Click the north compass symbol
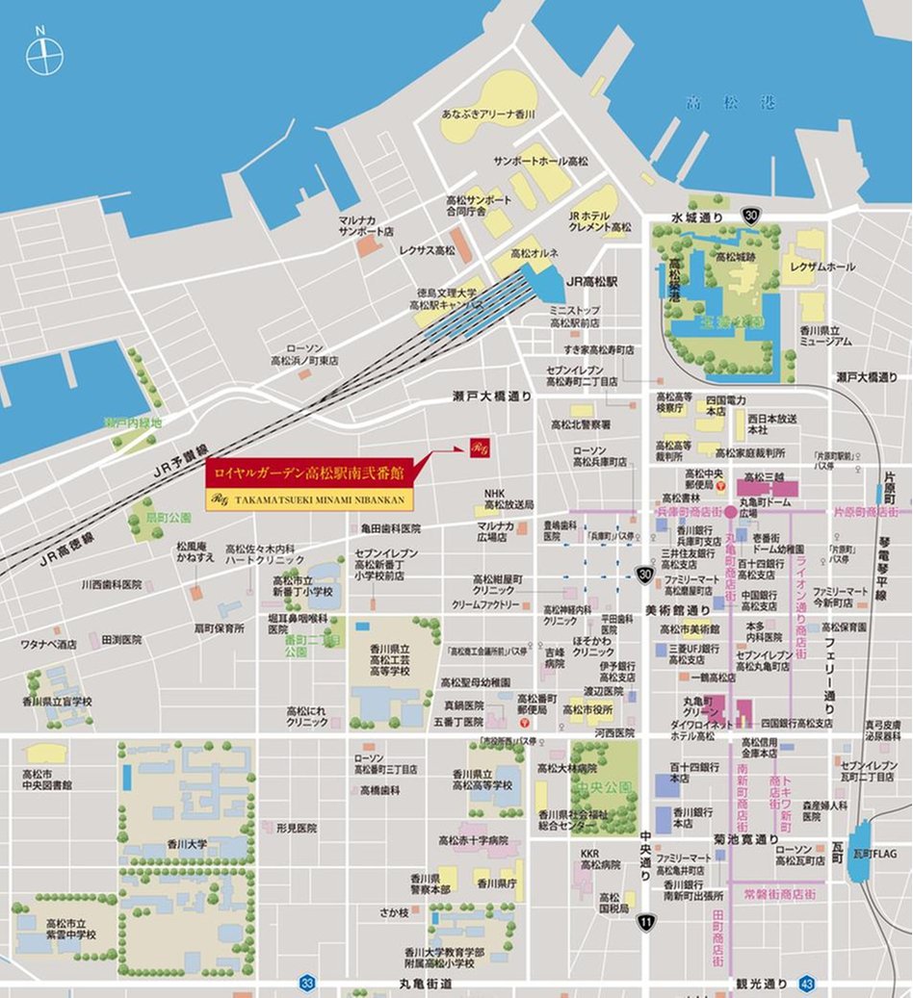[43, 56]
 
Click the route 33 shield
[307, 983]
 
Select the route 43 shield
[807, 983]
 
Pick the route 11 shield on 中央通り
[646, 922]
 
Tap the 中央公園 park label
[603, 785]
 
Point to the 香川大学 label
[188, 844]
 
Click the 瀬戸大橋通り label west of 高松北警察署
[492, 397]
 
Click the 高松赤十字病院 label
[473, 840]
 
